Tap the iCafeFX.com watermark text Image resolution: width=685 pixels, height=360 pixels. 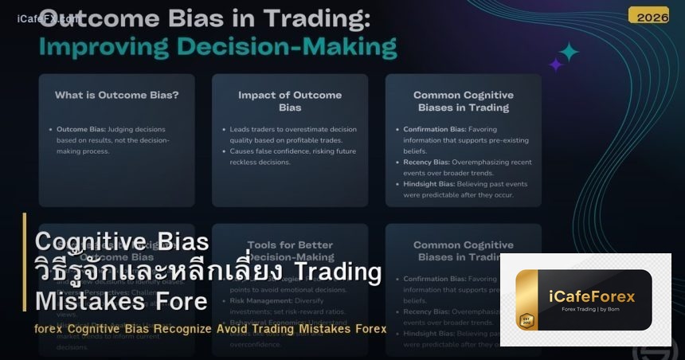point(48,18)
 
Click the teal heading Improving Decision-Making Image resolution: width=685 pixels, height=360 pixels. point(217,45)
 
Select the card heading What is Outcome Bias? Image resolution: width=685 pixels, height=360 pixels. point(116,95)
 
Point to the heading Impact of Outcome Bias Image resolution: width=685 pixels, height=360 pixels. point(290,101)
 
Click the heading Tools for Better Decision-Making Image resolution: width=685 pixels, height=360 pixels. point(290,250)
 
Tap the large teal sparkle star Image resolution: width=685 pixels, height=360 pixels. point(569,52)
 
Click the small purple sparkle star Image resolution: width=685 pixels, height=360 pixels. point(555,65)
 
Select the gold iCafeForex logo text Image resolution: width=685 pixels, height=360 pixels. point(592,296)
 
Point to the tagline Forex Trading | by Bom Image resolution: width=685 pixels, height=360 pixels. point(592,311)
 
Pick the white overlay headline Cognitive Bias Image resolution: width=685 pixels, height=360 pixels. point(123,241)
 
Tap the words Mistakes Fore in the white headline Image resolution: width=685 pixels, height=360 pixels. point(122,302)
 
